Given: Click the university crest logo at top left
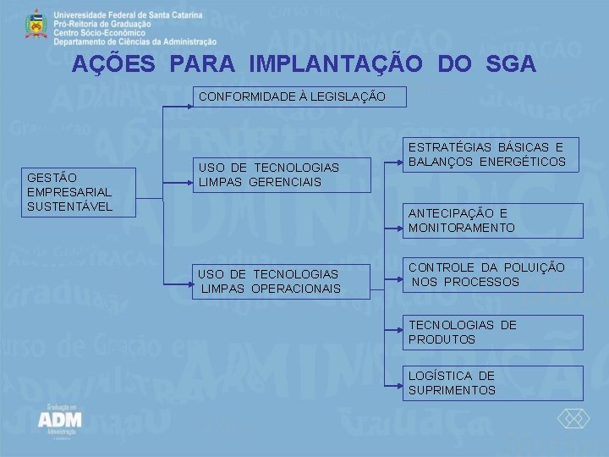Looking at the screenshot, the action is (x=35, y=25).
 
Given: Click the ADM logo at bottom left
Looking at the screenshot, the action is (x=59, y=421).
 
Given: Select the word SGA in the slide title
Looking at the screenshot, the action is (x=511, y=63).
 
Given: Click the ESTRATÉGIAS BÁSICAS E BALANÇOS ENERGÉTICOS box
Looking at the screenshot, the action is (x=492, y=154).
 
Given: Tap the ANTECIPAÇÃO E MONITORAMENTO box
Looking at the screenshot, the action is (x=492, y=220).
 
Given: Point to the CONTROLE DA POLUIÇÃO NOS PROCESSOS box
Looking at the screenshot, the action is (x=492, y=274).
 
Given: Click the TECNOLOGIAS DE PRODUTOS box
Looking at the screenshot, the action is (x=492, y=332).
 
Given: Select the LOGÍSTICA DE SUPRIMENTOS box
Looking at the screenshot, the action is (x=492, y=383).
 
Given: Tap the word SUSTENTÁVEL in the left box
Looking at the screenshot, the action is (x=70, y=207).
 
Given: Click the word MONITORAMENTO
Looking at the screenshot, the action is (x=462, y=228).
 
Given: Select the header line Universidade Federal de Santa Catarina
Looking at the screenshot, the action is (x=128, y=15).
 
